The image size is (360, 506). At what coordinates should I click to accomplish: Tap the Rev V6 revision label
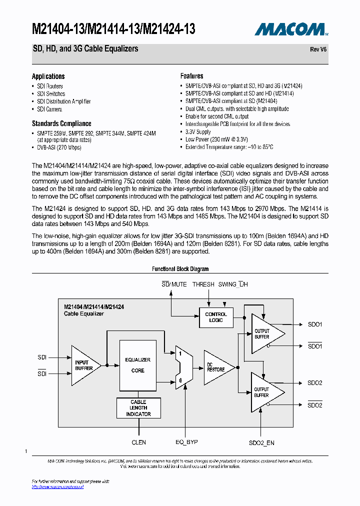click(318, 49)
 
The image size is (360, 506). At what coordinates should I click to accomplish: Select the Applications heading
click(48, 76)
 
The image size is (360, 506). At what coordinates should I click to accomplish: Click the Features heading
click(191, 76)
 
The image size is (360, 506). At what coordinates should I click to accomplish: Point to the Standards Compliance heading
click(61, 123)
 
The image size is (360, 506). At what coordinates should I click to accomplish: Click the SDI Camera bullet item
click(49, 109)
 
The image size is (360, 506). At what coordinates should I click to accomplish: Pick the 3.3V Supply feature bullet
click(198, 131)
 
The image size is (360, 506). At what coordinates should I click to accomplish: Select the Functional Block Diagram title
click(180, 269)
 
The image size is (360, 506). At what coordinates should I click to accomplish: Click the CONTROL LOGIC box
click(216, 317)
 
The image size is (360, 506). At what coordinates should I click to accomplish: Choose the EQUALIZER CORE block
click(137, 365)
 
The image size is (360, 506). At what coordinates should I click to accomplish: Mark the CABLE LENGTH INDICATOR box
click(138, 408)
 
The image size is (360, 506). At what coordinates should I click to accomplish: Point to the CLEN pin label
click(138, 442)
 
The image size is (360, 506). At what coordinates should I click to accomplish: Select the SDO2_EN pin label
click(261, 442)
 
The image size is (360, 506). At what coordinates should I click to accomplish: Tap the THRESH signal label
click(203, 284)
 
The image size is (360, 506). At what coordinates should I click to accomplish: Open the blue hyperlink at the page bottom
click(57, 486)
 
